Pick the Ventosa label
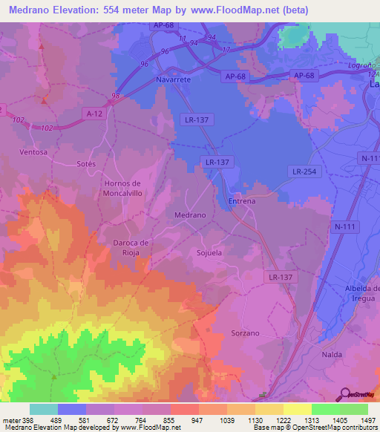[x=33, y=152]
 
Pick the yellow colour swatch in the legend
[x=297, y=409]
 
